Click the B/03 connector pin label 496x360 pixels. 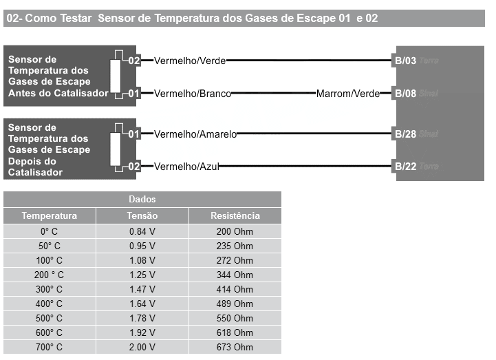(x=405, y=61)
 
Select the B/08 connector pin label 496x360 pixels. (x=405, y=93)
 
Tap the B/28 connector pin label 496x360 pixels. (x=405, y=134)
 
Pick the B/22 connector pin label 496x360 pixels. (x=405, y=166)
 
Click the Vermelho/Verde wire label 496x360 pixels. (x=190, y=61)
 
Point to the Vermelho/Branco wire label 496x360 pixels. (x=193, y=93)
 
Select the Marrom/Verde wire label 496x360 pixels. (x=348, y=93)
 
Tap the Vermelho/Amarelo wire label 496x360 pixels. (x=195, y=134)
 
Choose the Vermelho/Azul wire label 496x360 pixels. (x=186, y=166)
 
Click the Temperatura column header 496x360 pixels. (x=50, y=216)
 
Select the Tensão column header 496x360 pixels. (x=142, y=216)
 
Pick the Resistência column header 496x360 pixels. (x=235, y=216)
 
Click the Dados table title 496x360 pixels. (x=142, y=200)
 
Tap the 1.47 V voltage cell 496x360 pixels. (x=142, y=289)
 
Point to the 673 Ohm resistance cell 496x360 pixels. (x=235, y=347)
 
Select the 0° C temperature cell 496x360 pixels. (x=50, y=231)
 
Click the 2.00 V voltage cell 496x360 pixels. (x=142, y=347)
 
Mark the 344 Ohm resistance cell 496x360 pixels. (x=235, y=275)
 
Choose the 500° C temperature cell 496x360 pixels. (x=50, y=318)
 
